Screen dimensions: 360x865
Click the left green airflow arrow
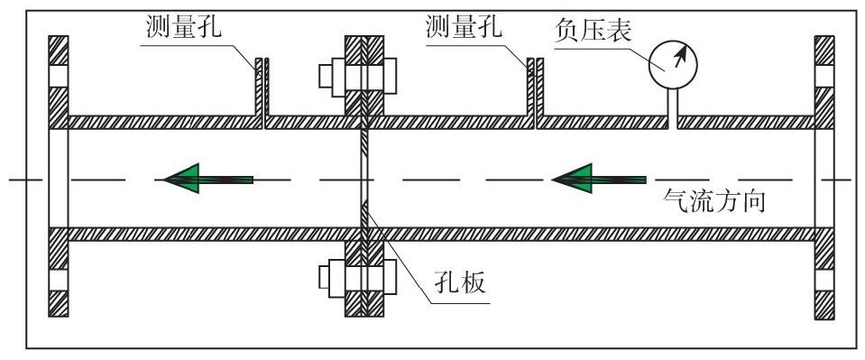208,180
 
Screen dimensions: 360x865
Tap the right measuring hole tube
535,90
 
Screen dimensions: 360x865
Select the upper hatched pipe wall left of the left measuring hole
162,122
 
